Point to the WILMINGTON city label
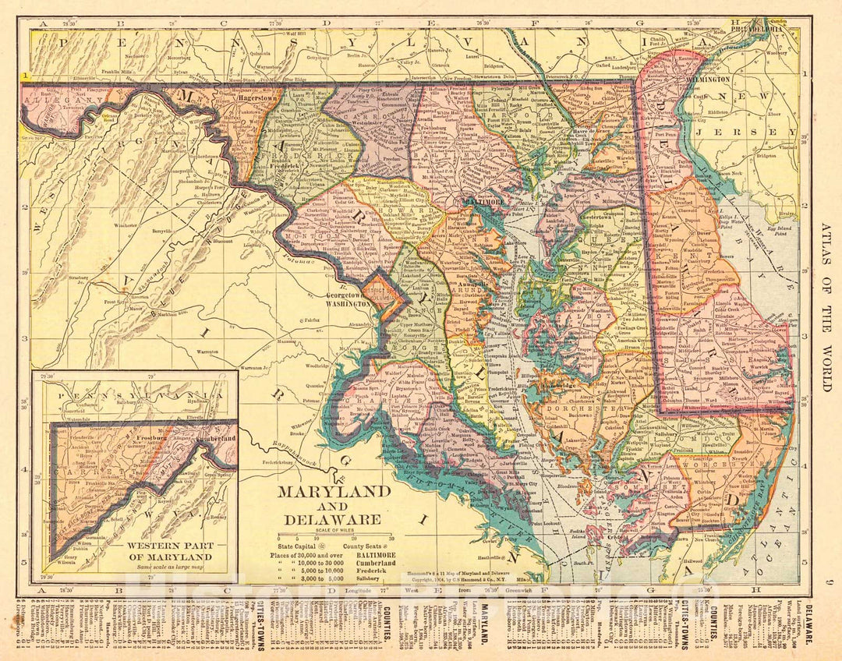point(708,80)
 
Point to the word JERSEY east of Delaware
point(768,133)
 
